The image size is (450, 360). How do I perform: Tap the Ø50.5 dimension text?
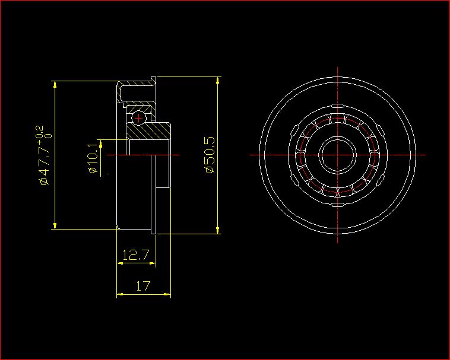coord(210,154)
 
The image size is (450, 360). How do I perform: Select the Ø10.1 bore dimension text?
coord(93,158)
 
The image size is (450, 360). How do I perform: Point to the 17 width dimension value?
coord(143,286)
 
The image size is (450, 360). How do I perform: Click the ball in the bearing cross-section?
coord(138,118)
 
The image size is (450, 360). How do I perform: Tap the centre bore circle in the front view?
coord(337,155)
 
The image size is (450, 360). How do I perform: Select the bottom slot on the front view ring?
coord(337,205)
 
